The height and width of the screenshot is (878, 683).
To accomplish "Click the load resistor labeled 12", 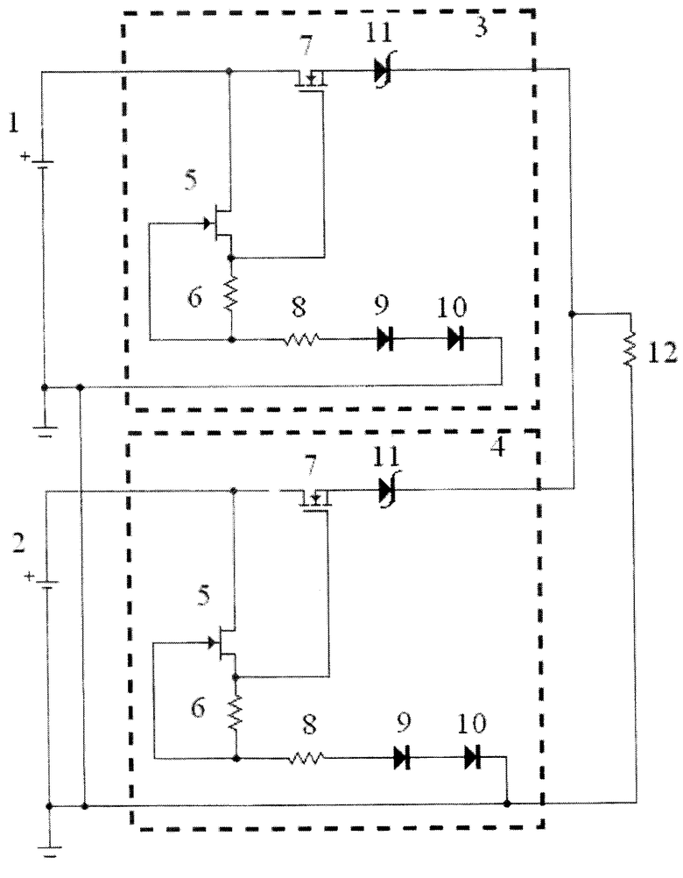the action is [x=630, y=349].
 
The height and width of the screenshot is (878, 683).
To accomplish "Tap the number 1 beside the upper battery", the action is [x=13, y=122].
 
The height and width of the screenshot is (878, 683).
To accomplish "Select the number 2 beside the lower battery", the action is [x=19, y=543].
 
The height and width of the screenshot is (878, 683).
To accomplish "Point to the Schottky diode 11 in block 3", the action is [x=384, y=71].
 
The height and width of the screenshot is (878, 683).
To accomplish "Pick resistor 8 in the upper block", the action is [x=301, y=339].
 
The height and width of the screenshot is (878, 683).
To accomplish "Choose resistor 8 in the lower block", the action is [x=306, y=758].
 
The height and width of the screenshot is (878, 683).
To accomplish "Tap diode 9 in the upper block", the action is [x=385, y=339].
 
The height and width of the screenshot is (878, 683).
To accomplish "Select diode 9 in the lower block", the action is [x=402, y=758].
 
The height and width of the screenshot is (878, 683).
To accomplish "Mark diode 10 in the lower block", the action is [x=473, y=758].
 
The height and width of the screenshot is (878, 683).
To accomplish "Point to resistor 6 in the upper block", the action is [x=231, y=294].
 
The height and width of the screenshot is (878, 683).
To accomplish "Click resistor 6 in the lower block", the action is [x=236, y=712].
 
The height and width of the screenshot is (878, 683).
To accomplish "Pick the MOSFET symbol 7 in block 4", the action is [x=317, y=499].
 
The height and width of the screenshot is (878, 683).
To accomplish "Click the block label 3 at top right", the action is [x=481, y=26].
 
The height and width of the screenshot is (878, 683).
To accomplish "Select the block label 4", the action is [x=497, y=446].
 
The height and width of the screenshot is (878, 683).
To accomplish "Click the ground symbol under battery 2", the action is [x=50, y=850].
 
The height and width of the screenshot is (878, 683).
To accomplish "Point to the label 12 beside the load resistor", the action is [x=663, y=353].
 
